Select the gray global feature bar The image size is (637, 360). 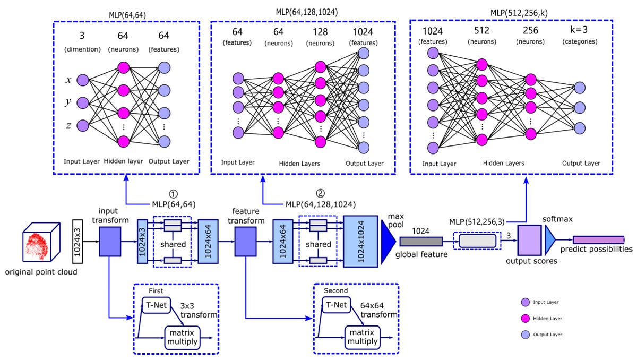coord(420,242)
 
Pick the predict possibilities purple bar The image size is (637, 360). coord(598,240)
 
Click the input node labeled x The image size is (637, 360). coord(83,80)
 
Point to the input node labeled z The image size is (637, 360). coord(83,125)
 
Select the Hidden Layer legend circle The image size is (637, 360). coord(525,318)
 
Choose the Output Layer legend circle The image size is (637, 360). coord(525,335)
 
